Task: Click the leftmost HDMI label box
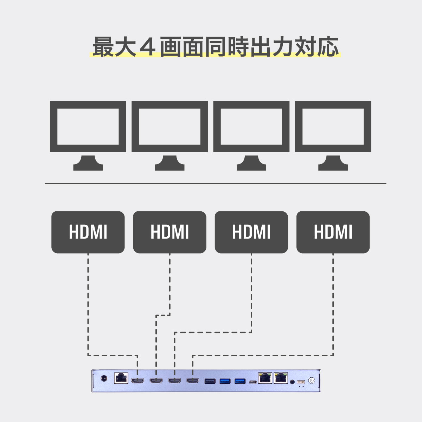tap(88, 232)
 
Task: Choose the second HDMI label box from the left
tap(170, 232)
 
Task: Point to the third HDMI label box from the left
tap(251, 232)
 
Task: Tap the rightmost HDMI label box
tap(333, 232)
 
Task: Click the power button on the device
tap(311, 381)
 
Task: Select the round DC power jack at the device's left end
tap(104, 379)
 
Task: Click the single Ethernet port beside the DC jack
tap(121, 378)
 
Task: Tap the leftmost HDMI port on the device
tap(138, 381)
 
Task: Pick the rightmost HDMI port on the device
tap(193, 381)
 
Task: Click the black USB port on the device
tap(210, 381)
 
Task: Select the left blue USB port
tap(225, 381)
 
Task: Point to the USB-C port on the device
tap(252, 382)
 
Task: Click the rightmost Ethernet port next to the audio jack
tap(281, 378)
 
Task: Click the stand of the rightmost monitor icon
tap(333, 163)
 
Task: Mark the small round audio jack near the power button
tap(292, 381)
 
